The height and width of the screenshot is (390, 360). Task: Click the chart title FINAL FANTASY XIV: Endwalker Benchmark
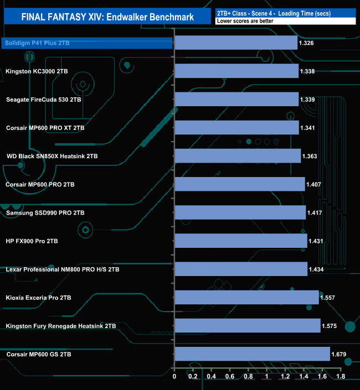click(x=107, y=17)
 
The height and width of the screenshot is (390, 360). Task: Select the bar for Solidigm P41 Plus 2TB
click(x=236, y=43)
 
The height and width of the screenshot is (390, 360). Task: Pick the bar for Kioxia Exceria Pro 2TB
click(x=246, y=298)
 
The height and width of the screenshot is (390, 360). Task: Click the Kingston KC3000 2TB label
click(x=37, y=71)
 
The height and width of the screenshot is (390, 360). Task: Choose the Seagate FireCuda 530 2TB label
click(x=44, y=100)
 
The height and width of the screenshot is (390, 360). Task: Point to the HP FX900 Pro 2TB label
click(x=32, y=241)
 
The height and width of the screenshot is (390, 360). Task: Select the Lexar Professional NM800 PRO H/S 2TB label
click(x=63, y=269)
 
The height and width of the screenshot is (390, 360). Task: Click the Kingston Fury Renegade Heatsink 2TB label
click(x=61, y=326)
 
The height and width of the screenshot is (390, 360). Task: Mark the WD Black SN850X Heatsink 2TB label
click(x=52, y=156)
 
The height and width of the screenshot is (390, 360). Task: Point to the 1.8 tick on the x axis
click(x=340, y=377)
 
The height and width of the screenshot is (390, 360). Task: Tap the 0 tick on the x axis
click(x=174, y=377)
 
